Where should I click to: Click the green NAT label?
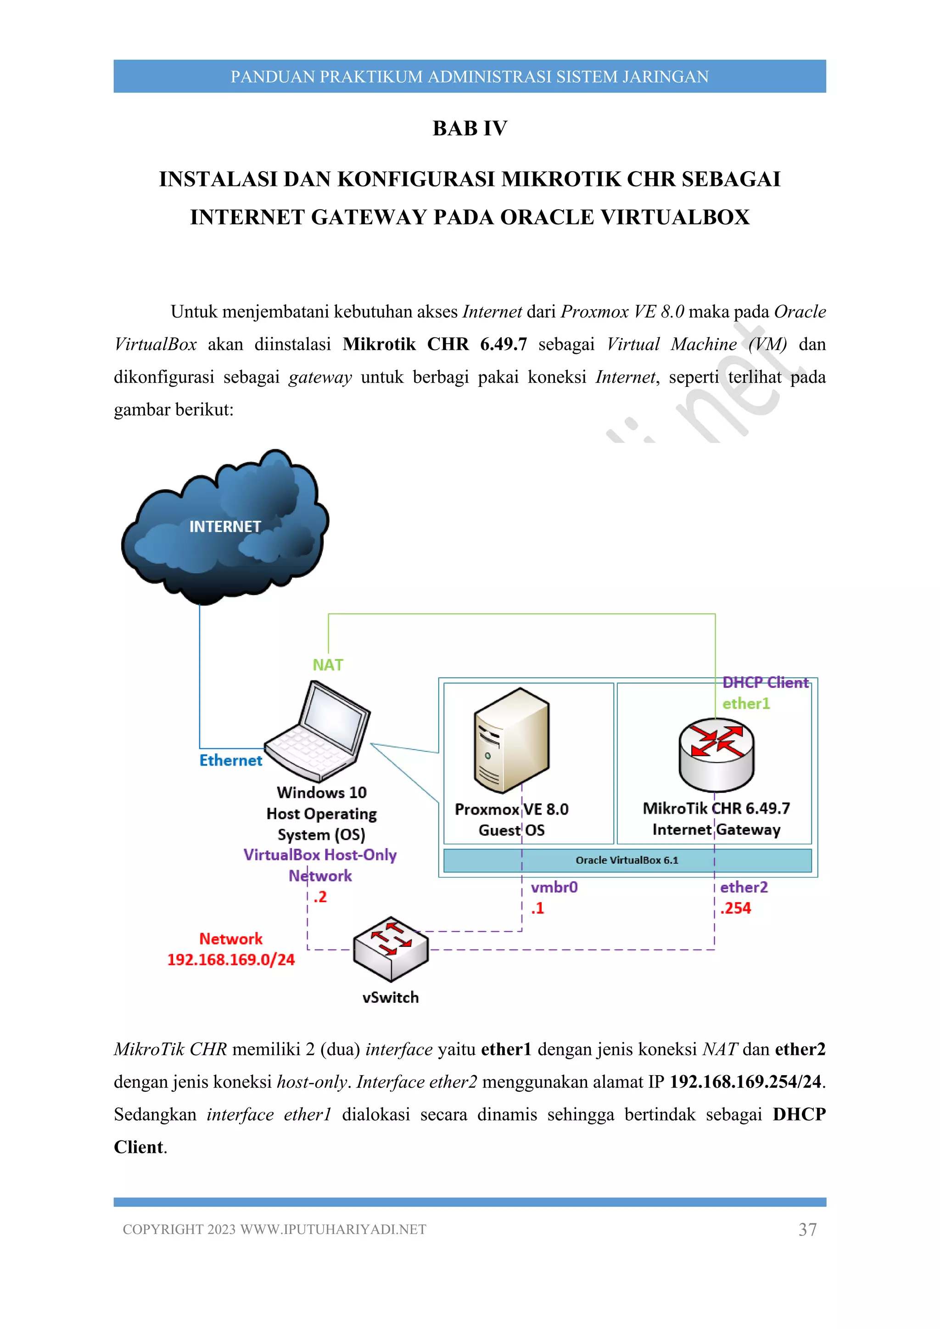coord(328,665)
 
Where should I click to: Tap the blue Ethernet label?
coord(230,760)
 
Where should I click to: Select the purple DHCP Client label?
coord(765,683)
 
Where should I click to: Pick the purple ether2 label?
coord(744,888)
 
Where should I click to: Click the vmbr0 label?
coord(554,888)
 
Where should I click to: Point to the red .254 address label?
coord(736,908)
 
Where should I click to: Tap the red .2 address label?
coord(320,897)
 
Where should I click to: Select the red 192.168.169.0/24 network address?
coord(231,960)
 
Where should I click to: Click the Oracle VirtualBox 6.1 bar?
coord(627,860)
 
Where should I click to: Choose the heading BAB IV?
coord(470,128)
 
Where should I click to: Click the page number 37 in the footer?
coord(807,1230)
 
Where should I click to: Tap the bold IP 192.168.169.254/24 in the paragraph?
coord(745,1082)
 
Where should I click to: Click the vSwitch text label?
coord(391,997)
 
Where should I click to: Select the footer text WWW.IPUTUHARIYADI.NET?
coord(333,1230)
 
